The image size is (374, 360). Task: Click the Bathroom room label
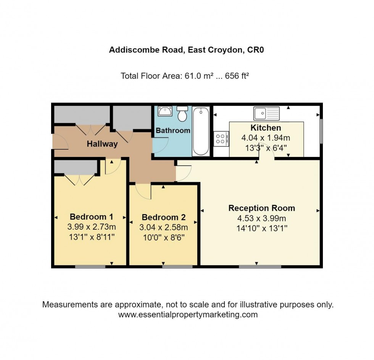(173, 131)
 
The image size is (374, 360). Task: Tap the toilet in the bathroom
(183, 113)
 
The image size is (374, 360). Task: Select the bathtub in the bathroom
(201, 131)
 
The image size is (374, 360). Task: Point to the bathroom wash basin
(165, 111)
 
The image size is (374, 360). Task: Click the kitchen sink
(266, 113)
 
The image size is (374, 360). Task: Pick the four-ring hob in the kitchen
(221, 138)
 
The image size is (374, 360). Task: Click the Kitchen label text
(266, 128)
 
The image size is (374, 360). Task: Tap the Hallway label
(102, 144)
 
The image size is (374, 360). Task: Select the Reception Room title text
(261, 208)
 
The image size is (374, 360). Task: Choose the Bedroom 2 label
(163, 218)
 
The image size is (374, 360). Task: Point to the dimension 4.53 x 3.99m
(261, 219)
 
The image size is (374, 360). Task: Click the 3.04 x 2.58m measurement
(163, 227)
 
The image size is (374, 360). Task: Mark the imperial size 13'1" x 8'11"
(91, 237)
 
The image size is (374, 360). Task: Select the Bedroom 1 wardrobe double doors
(79, 179)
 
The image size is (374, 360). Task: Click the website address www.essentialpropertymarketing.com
(188, 315)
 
